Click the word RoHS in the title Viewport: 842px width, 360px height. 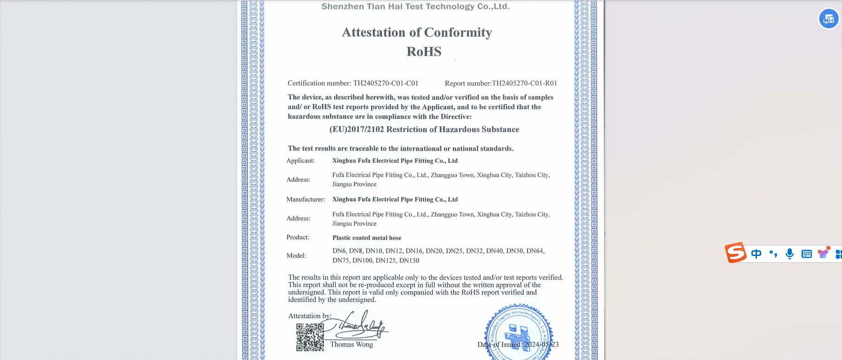pos(424,52)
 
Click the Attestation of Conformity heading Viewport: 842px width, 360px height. pos(417,33)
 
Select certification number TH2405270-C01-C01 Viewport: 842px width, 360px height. pos(385,83)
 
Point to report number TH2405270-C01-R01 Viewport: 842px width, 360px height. pos(524,83)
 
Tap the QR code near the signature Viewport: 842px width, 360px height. pos(310,337)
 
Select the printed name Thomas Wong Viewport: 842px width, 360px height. pos(352,344)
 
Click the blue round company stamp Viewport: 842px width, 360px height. pos(519,333)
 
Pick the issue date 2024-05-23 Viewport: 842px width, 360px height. pos(541,345)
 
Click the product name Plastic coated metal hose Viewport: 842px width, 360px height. pos(367,238)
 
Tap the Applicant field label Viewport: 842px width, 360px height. pos(300,161)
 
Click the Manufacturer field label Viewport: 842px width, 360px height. pos(305,199)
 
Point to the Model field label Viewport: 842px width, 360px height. pos(296,255)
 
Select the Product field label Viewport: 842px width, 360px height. pos(298,237)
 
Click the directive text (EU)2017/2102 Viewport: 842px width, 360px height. pos(356,130)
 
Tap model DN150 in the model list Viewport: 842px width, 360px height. pos(409,261)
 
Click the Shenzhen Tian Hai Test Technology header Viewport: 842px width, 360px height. pos(415,7)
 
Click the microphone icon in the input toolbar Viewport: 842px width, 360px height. pos(789,254)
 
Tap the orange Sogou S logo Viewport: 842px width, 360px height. pos(736,253)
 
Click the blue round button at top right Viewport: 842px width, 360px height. pos(829,19)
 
